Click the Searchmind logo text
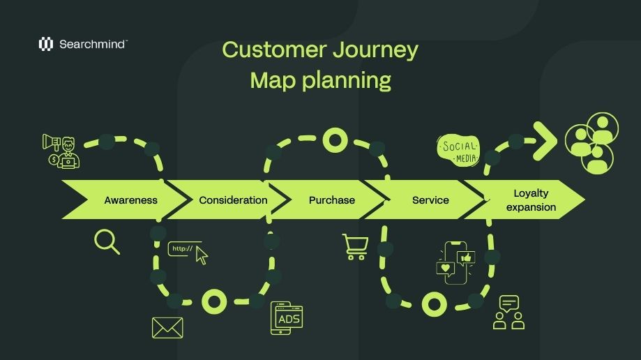(x=92, y=44)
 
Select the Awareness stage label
(x=130, y=200)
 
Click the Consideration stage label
(x=233, y=200)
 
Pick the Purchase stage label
(x=331, y=200)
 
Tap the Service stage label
(x=430, y=200)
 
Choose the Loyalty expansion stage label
(x=531, y=200)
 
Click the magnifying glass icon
(x=106, y=241)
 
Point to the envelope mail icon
(x=167, y=328)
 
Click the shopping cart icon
(x=354, y=247)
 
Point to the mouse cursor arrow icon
(x=202, y=256)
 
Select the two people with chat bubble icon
(x=508, y=313)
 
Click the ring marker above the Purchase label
(x=335, y=140)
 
